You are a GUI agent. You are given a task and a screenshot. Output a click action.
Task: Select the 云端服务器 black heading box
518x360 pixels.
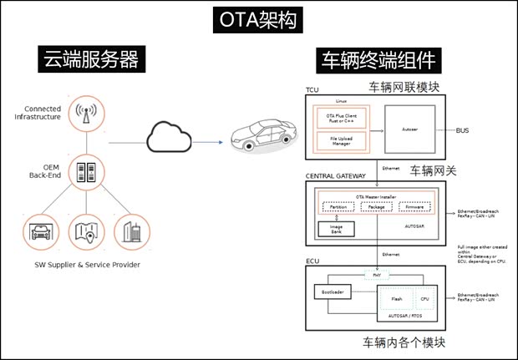coord(90,60)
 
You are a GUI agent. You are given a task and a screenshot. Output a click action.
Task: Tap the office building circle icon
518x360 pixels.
coord(130,232)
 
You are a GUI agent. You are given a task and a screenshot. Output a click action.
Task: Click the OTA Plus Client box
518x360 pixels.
coord(338,116)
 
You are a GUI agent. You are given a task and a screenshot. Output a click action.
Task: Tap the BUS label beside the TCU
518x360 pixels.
coord(464,130)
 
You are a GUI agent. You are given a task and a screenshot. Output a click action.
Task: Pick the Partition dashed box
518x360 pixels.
coord(338,205)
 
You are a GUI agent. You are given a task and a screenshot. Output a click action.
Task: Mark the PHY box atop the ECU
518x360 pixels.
coord(378,273)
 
